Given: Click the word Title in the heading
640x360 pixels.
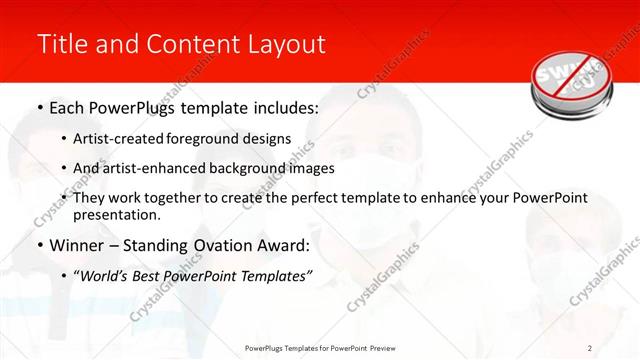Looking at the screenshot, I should pos(60,44).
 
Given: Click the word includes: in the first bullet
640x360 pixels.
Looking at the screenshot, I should pos(283,107).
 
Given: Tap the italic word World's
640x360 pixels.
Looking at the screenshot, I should pos(104,275).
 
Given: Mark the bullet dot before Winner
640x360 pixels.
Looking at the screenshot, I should pos(38,245).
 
